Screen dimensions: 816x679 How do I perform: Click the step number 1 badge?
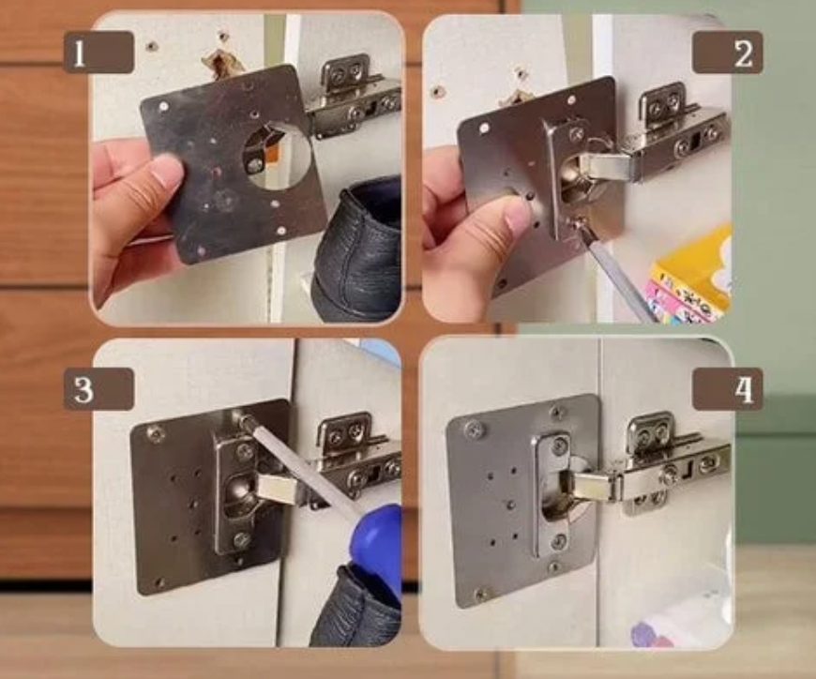98,52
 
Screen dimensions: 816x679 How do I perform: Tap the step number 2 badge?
728,52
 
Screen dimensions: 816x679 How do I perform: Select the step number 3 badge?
98,389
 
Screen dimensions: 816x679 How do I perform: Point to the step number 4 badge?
728,389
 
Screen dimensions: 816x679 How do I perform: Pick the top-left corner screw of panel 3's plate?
155,431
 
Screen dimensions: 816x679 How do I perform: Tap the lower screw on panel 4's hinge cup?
557,541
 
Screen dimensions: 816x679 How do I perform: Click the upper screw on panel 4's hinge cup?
557,445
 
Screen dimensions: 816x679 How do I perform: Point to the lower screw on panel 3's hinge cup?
241,539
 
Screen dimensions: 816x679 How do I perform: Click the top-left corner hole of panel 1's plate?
163,107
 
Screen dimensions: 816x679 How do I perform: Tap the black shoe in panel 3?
356,608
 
